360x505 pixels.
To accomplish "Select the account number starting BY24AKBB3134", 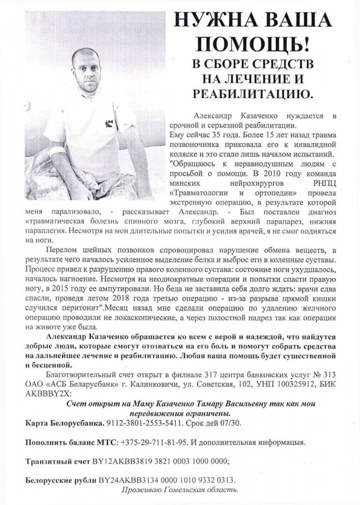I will (x=167, y=480).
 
